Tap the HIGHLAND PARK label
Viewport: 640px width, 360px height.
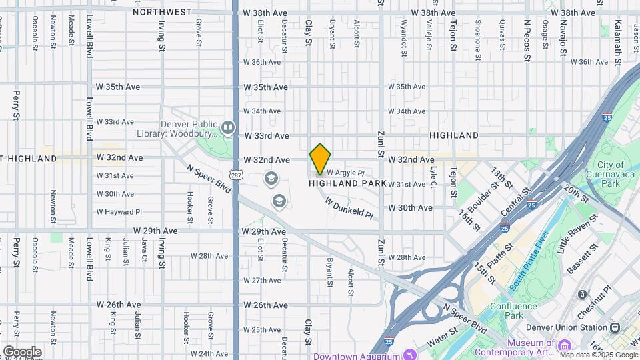click(x=347, y=183)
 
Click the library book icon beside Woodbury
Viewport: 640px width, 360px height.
click(x=228, y=127)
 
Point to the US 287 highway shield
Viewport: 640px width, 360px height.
click(x=235, y=174)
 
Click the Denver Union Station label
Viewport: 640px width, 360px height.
click(x=564, y=327)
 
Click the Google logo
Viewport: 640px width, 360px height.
click(x=22, y=351)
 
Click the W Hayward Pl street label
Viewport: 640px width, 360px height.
click(x=119, y=212)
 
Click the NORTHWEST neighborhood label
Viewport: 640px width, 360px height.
click(x=162, y=12)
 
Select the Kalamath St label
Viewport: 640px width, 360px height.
click(x=618, y=48)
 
